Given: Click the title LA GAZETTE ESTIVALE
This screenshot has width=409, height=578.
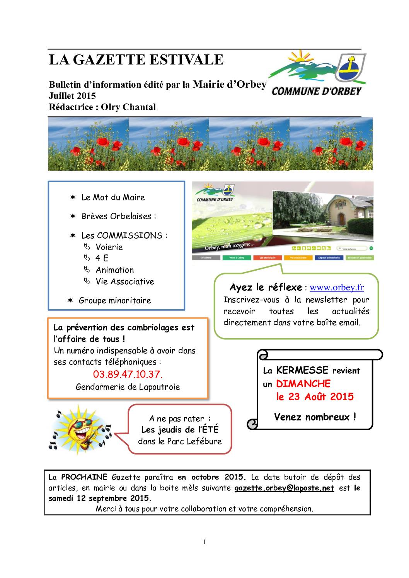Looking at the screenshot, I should (136, 60).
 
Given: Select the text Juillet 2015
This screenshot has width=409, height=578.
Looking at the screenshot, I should (72, 96).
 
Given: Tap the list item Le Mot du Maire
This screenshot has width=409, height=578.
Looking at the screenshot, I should (113, 197).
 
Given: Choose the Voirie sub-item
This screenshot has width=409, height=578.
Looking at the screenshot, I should (109, 247).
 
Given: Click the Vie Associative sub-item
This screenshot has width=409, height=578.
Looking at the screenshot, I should (124, 281).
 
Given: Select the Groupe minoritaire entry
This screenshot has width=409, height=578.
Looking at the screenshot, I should (115, 300).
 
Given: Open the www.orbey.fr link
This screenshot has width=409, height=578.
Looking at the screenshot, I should (337, 288).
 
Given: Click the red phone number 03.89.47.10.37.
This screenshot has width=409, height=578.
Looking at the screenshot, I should (128, 374).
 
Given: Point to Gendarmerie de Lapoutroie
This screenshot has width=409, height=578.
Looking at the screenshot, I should (128, 386).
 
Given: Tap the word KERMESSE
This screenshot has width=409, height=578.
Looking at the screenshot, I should (302, 371).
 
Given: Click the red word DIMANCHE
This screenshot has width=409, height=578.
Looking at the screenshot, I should (303, 384).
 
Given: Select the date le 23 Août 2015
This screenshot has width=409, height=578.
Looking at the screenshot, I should (315, 397).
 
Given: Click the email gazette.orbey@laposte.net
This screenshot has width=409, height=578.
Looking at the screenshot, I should (284, 488).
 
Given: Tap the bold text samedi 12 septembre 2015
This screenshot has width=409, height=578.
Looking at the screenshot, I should (100, 498).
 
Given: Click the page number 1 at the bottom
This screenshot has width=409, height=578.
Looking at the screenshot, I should (205, 542).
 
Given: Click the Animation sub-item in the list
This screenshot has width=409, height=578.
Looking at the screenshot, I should (114, 270).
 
